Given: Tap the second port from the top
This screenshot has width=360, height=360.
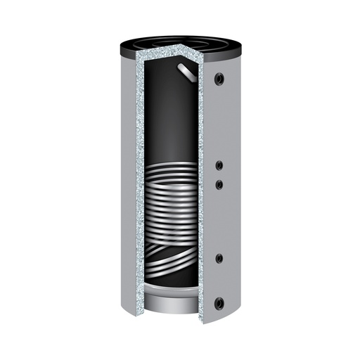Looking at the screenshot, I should [x=219, y=165].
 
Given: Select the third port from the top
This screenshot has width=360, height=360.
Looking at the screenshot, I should [x=219, y=184].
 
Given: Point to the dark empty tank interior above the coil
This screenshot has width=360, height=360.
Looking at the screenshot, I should [x=169, y=120].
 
